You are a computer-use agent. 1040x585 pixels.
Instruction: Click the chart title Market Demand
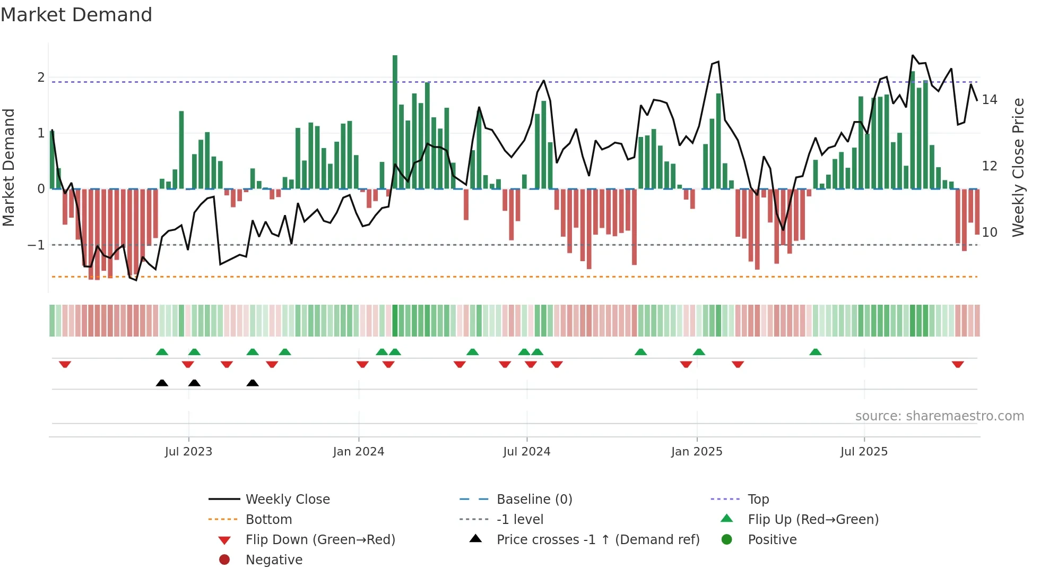[76, 15]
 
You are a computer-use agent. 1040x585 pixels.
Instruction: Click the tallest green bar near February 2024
[395, 122]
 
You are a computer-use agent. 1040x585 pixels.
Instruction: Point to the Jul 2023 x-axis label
[188, 452]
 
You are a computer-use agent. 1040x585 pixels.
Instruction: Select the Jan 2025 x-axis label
[697, 452]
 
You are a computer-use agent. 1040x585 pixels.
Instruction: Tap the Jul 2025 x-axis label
[864, 452]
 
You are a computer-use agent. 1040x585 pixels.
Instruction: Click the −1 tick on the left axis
[36, 245]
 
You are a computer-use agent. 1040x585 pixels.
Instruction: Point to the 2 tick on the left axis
[41, 78]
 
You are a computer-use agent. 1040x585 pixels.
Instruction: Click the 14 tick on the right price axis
[989, 100]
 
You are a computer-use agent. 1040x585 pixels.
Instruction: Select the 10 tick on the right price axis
[989, 233]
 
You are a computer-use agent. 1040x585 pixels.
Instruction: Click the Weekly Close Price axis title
[1018, 167]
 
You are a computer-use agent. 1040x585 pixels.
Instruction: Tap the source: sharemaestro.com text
[939, 416]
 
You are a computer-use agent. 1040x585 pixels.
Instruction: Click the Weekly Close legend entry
[288, 500]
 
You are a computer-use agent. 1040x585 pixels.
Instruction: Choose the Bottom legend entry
[268, 520]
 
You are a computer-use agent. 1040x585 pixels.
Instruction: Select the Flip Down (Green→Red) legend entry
[320, 540]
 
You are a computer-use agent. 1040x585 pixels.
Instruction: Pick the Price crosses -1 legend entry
[597, 540]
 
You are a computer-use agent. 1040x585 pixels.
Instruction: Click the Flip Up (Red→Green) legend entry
[813, 520]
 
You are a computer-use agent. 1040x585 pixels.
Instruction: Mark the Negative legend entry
[274, 560]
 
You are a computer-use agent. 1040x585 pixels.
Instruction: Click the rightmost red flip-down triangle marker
[958, 365]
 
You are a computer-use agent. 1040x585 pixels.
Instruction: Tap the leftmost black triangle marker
[162, 383]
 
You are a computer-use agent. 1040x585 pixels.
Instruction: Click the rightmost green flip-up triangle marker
[816, 352]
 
